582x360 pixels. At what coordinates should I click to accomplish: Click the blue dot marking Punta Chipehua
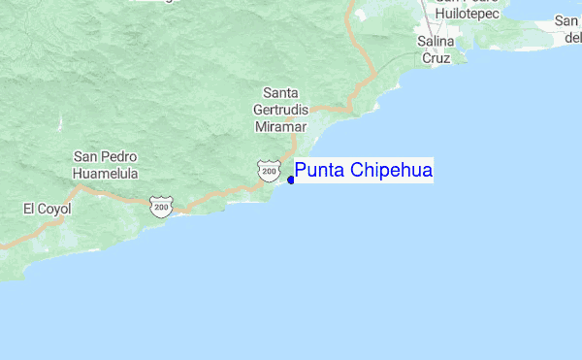[291, 180]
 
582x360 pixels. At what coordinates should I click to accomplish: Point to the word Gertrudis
[280, 111]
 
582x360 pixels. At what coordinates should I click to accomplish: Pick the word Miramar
[280, 127]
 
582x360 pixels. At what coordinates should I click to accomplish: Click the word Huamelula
[105, 174]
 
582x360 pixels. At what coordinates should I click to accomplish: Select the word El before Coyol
[30, 208]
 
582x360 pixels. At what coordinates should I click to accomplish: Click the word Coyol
[55, 208]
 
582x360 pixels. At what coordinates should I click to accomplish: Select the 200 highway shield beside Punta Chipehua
[268, 171]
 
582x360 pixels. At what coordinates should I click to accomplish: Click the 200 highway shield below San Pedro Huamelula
[160, 207]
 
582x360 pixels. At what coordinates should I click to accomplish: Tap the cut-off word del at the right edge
[572, 37]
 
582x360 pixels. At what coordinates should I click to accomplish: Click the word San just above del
[568, 20]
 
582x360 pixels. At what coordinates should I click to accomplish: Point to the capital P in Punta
[302, 172]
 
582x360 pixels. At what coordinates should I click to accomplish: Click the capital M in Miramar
[261, 127]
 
